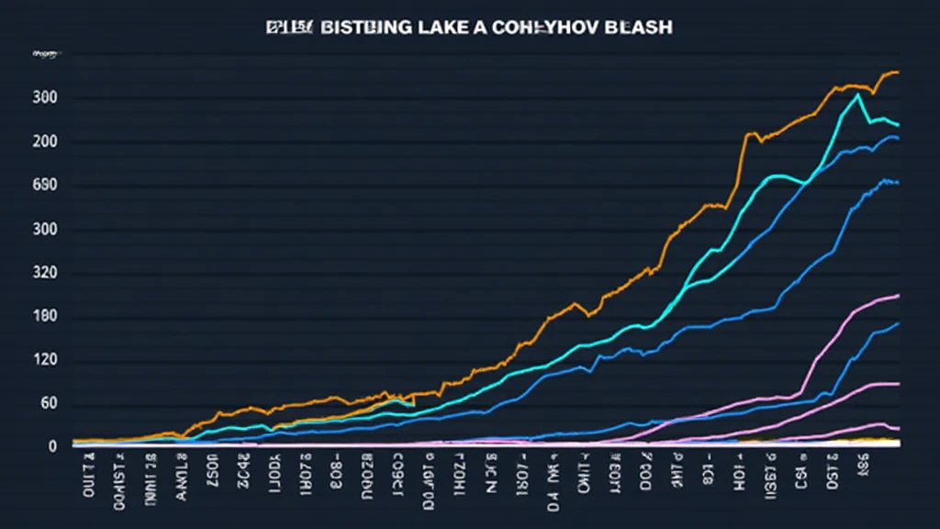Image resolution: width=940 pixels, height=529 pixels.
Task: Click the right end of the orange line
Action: [898, 72]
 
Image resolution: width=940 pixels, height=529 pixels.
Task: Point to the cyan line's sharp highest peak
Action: [857, 94]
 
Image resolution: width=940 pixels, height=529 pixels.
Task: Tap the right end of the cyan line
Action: [898, 125]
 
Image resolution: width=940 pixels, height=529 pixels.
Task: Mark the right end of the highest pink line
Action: [898, 296]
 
